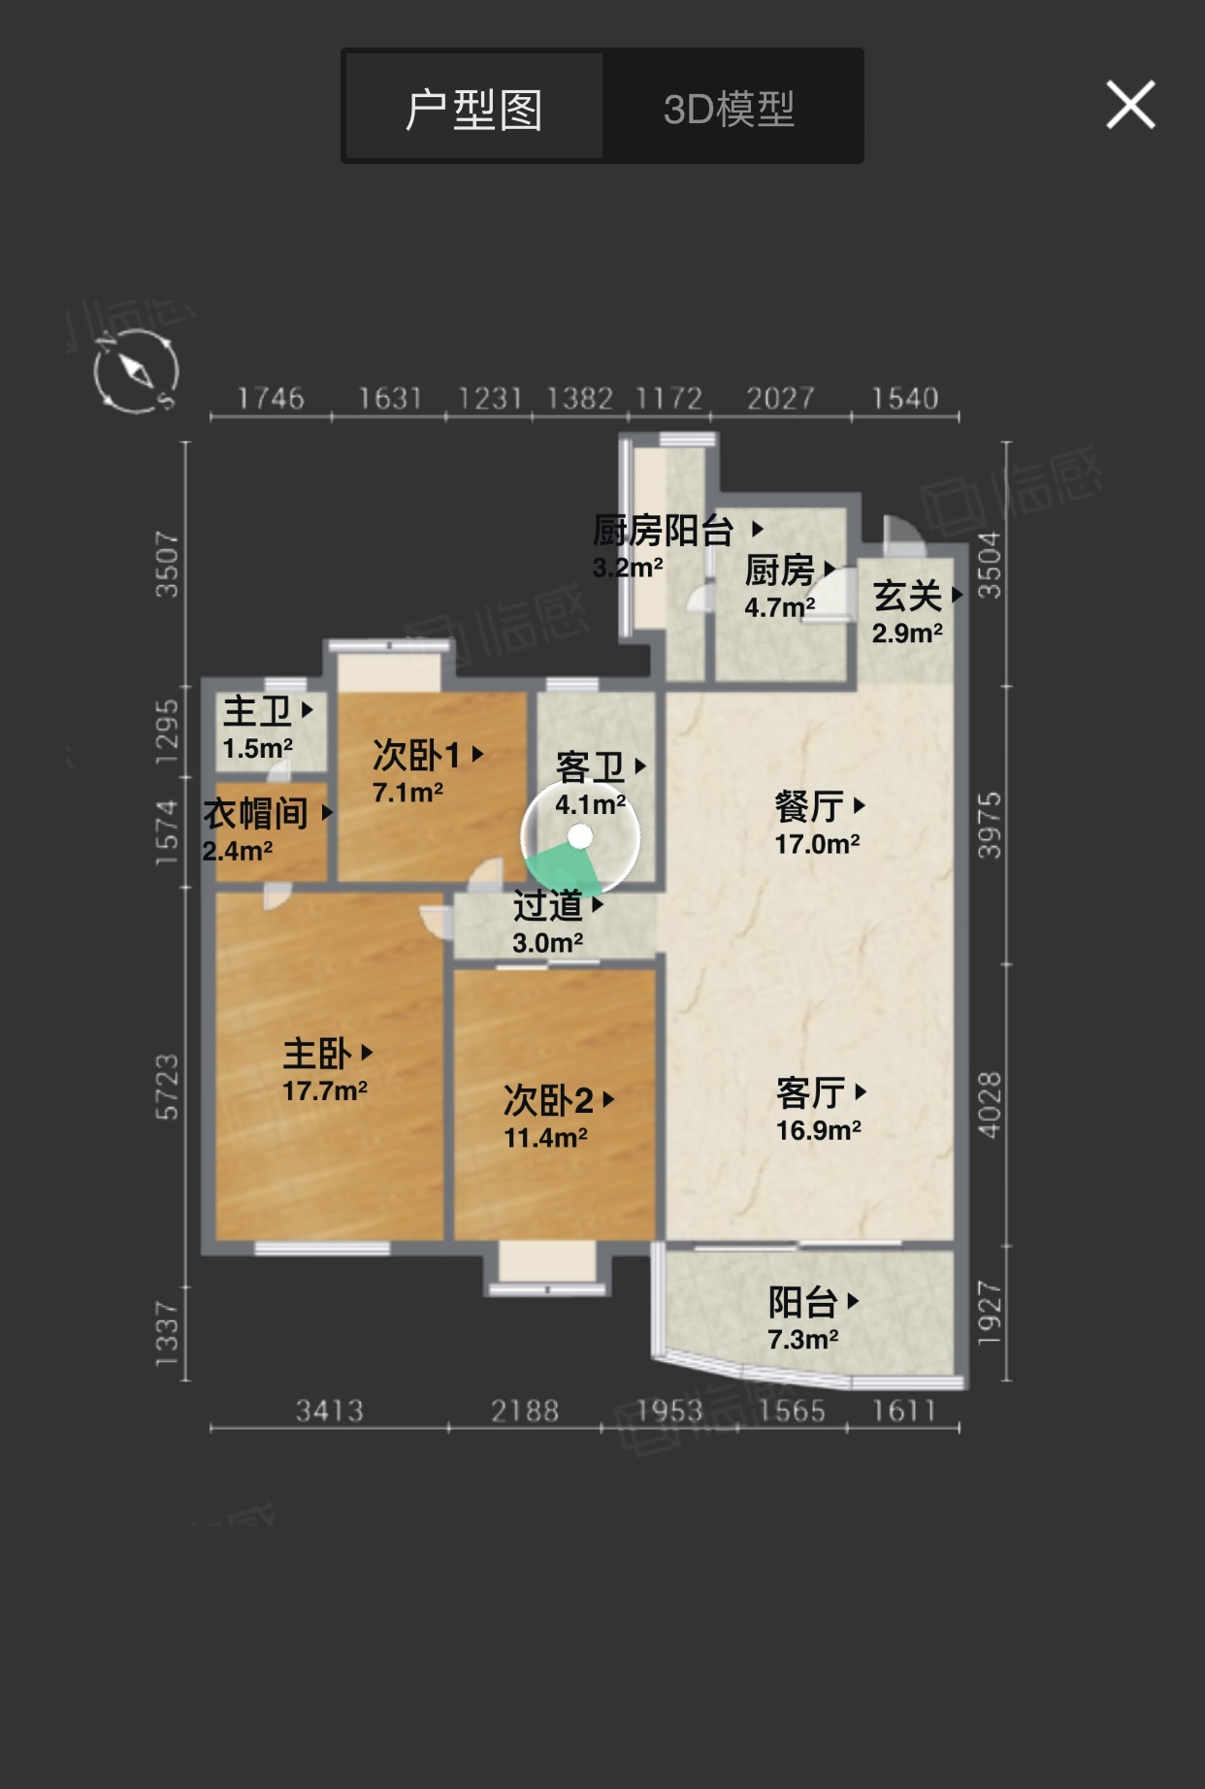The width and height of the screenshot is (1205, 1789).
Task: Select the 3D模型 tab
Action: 730,109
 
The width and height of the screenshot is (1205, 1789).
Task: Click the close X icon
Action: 1130,105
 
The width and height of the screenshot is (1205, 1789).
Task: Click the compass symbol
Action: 136,371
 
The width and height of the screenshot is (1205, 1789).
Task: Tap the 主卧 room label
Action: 316,1053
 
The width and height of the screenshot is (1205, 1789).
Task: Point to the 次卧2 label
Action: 548,1100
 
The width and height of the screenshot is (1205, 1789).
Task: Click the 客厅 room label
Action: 810,1093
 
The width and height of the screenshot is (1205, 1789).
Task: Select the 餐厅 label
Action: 809,806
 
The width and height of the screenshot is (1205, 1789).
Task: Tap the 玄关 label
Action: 907,596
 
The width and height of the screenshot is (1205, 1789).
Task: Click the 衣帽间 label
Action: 256,813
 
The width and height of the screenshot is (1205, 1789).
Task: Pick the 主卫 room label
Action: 257,711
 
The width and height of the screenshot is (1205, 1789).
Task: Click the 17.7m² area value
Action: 325,1091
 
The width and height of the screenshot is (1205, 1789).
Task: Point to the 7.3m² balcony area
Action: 803,1340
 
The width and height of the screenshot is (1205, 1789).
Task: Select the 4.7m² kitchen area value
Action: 780,607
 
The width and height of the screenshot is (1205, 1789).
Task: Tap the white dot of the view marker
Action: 580,836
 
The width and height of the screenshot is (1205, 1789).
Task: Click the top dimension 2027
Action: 781,398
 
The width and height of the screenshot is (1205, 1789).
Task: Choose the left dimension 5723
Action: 167,1087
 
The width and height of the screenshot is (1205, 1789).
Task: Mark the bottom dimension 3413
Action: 330,1411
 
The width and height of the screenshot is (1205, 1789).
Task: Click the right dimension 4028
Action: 989,1105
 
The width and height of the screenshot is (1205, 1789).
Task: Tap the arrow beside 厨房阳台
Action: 758,529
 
